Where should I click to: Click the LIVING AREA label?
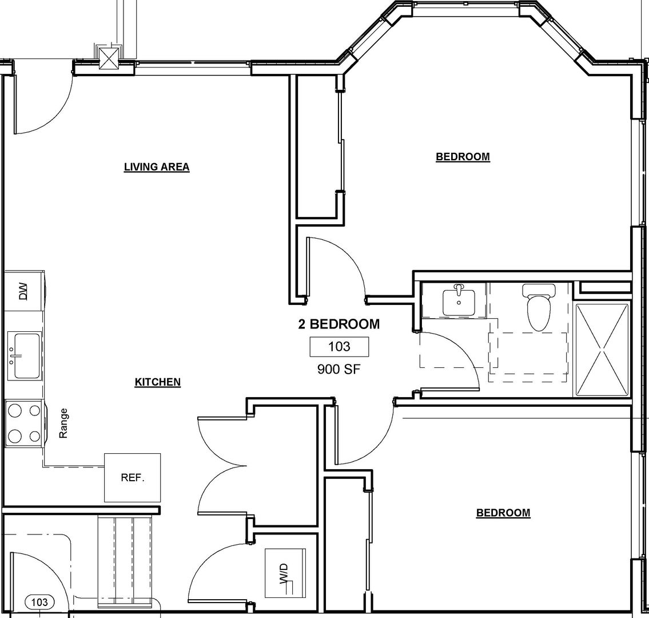point(157,167)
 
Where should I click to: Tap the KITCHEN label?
point(158,382)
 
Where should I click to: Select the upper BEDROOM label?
point(463,157)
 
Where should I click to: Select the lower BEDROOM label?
point(503,513)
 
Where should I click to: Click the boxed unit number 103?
point(340,347)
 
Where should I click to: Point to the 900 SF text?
point(339,369)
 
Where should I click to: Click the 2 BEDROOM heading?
point(339,324)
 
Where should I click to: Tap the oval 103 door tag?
point(39,602)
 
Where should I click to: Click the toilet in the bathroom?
point(538,307)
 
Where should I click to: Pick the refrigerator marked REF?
point(132,478)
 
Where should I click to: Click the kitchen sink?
point(25,356)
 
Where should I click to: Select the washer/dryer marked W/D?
point(285,573)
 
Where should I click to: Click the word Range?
point(63,423)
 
